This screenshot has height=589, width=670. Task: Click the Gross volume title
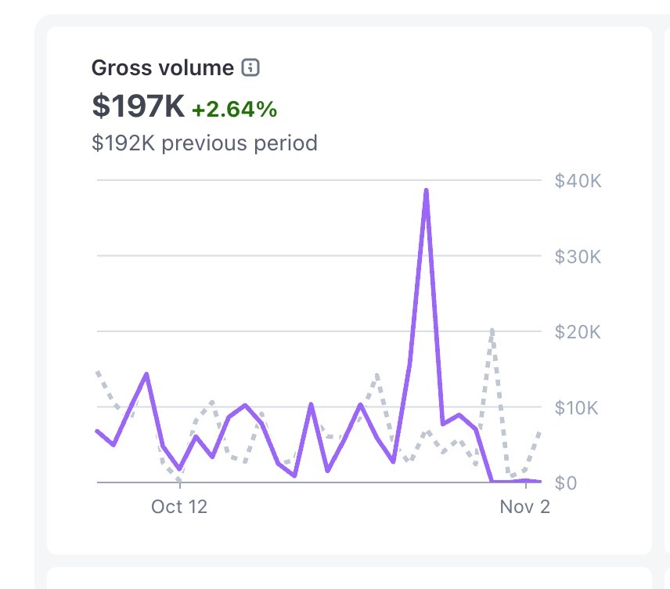click(x=163, y=68)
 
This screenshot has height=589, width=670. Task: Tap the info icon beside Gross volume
click(x=250, y=68)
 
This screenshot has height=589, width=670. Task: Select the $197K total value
click(x=138, y=107)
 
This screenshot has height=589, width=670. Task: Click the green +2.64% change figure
click(x=234, y=110)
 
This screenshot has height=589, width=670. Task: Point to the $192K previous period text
click(x=204, y=143)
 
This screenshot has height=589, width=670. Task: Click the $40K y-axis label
click(x=578, y=181)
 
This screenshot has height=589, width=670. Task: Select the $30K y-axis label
click(x=578, y=257)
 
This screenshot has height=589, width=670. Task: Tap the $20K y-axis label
click(x=578, y=332)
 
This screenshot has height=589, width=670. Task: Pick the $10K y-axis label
click(x=578, y=408)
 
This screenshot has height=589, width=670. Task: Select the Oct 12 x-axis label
click(x=179, y=507)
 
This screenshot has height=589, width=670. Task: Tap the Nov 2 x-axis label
click(x=525, y=507)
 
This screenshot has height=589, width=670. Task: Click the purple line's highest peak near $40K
click(x=426, y=190)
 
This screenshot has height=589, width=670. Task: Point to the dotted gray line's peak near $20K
click(x=492, y=330)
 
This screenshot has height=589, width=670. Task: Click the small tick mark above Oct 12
click(x=179, y=487)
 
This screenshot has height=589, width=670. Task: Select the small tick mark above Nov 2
click(x=525, y=487)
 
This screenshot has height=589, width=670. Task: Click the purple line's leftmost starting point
click(x=97, y=431)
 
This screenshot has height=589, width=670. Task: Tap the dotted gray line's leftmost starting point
click(x=97, y=372)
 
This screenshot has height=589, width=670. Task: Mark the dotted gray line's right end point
click(x=540, y=431)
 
